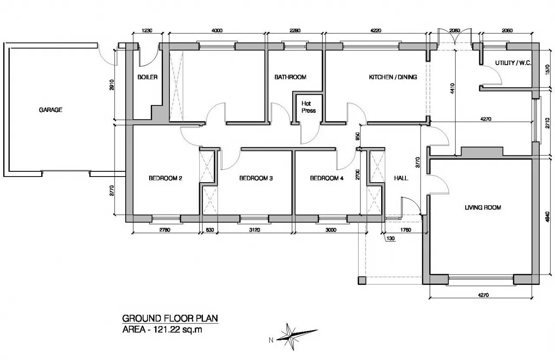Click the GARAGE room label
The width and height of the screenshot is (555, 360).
pyautogui.click(x=51, y=110)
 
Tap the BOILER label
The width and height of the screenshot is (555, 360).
pyautogui.click(x=147, y=77)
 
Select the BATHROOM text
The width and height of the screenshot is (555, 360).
pyautogui.click(x=291, y=77)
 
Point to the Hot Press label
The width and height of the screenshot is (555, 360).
pyautogui.click(x=308, y=107)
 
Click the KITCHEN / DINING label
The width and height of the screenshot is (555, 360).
pyautogui.click(x=393, y=77)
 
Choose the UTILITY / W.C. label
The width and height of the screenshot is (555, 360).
pyautogui.click(x=513, y=63)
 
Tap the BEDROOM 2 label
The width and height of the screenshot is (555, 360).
pyautogui.click(x=166, y=178)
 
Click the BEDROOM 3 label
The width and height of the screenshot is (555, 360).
pyautogui.click(x=256, y=178)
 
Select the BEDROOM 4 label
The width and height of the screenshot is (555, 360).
pyautogui.click(x=327, y=178)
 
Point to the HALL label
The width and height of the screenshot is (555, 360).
pyautogui.click(x=401, y=178)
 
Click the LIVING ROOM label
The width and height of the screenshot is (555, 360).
pyautogui.click(x=483, y=207)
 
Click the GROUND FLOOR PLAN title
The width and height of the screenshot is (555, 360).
pyautogui.click(x=170, y=318)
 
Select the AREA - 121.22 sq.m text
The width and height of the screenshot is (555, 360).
pyautogui.click(x=162, y=330)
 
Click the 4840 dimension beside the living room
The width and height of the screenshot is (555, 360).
pyautogui.click(x=548, y=217)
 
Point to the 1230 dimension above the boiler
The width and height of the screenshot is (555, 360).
pyautogui.click(x=147, y=30)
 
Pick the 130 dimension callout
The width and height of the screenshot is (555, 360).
pyautogui.click(x=391, y=239)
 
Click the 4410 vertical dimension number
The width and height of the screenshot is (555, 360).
pyautogui.click(x=452, y=88)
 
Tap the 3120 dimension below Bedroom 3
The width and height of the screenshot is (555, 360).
pyautogui.click(x=255, y=230)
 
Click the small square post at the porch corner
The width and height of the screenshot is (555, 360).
pyautogui.click(x=362, y=280)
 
